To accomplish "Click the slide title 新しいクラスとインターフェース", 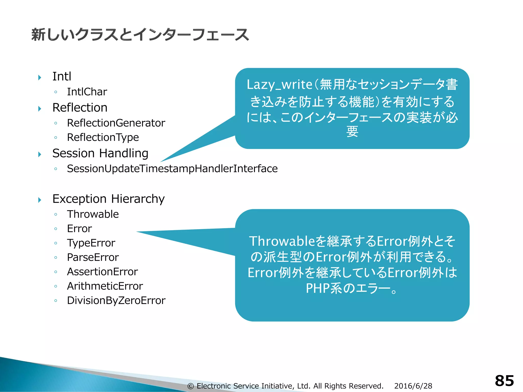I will pyautogui.click(x=140, y=35).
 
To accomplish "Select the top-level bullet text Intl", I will pyautogui.click(x=62, y=76).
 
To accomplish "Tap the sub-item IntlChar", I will pyautogui.click(x=87, y=92).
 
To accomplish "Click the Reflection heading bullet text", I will pyautogui.click(x=80, y=107).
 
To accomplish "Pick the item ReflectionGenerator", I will pyautogui.click(x=116, y=123).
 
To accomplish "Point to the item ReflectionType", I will pyautogui.click(x=103, y=137).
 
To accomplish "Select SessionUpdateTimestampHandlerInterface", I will pyautogui.click(x=172, y=169).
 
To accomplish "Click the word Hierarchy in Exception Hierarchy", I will pyautogui.click(x=138, y=199).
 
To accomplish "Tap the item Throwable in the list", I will pyautogui.click(x=93, y=214).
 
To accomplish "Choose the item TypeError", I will pyautogui.click(x=91, y=243).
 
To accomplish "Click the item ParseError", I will pyautogui.click(x=93, y=257).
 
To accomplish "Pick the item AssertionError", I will pyautogui.click(x=102, y=272).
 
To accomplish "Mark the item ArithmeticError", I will pyautogui.click(x=105, y=286).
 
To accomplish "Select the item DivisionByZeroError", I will pyautogui.click(x=116, y=301).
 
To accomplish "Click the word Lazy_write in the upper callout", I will pyautogui.click(x=279, y=85).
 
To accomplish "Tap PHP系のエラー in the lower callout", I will pyautogui.click(x=348, y=288).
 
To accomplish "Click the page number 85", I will pyautogui.click(x=504, y=381).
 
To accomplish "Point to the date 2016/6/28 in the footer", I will pyautogui.click(x=413, y=386).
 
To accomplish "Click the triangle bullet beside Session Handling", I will pyautogui.click(x=40, y=154).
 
